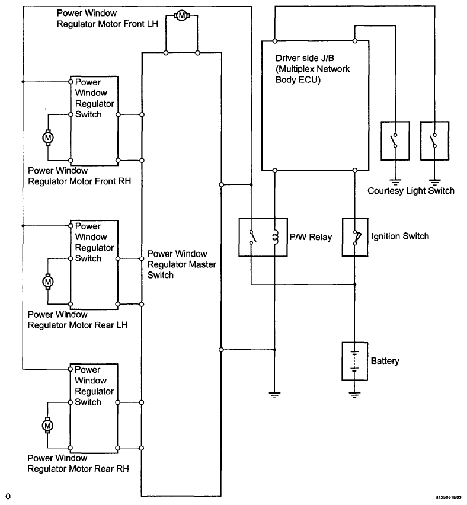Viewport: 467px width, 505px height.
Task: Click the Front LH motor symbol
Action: point(182,15)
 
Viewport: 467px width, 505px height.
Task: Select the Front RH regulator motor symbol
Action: point(48,138)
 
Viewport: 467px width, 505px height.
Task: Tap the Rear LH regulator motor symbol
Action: point(48,282)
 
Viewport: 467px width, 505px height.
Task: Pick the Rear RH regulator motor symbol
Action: point(47,426)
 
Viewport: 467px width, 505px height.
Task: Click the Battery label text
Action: point(385,361)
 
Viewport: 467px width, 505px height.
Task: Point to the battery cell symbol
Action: point(354,361)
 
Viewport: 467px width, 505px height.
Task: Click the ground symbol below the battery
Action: point(354,395)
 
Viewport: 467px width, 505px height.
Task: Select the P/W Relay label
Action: point(311,237)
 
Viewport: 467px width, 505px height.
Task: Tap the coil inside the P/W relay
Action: point(275,237)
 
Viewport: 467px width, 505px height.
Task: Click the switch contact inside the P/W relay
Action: point(252,236)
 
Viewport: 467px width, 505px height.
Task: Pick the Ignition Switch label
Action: point(400,236)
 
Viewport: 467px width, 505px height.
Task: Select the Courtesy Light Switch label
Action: point(411,191)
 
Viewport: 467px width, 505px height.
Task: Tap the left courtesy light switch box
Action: point(395,140)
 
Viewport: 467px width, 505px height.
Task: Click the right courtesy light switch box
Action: point(434,140)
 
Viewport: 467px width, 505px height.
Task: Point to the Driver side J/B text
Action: point(305,58)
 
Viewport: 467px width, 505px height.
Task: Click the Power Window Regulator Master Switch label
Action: point(182,264)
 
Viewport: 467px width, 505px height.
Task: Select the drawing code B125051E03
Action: point(448,497)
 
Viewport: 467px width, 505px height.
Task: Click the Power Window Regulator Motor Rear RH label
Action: point(78,463)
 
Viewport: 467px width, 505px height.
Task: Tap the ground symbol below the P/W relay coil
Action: point(274,395)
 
